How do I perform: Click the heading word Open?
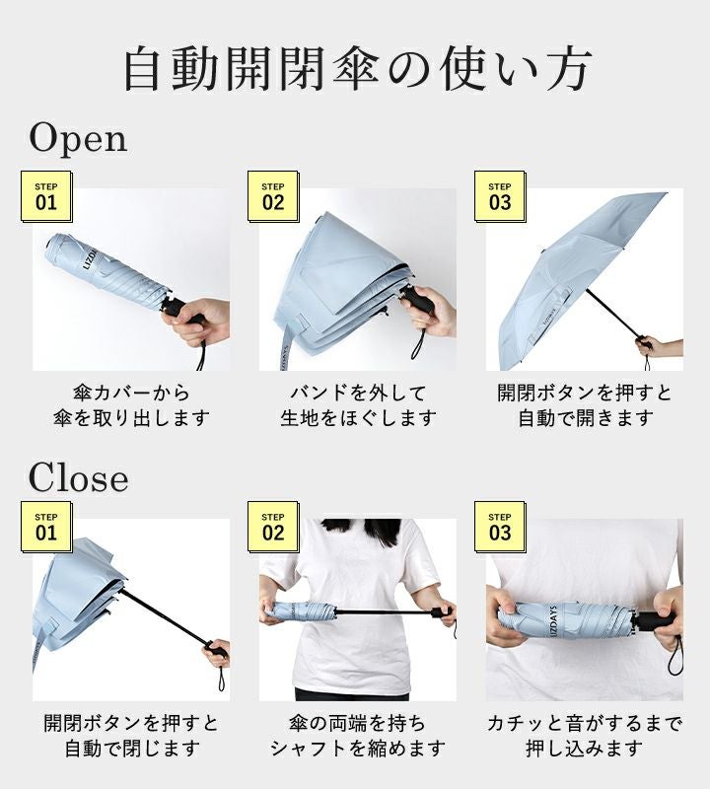click(x=78, y=138)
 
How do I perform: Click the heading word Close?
click(x=78, y=477)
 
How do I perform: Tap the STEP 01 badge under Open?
click(x=46, y=196)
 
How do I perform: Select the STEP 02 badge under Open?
click(x=273, y=196)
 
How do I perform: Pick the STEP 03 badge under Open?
click(x=500, y=196)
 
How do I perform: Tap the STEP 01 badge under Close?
click(x=46, y=527)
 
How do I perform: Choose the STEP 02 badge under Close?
click(x=273, y=527)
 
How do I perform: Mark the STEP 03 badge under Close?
click(x=500, y=527)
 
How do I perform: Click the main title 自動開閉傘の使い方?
click(x=357, y=69)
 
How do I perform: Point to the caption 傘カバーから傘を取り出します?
click(x=131, y=405)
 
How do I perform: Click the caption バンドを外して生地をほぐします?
click(x=358, y=405)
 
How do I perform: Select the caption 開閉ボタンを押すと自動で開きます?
click(x=585, y=405)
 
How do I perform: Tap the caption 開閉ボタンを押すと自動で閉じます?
click(x=131, y=736)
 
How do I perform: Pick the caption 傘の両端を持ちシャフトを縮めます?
click(x=358, y=736)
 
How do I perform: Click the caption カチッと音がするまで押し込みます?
click(x=585, y=736)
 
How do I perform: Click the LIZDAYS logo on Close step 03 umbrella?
click(x=552, y=623)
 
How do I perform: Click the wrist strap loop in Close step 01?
click(x=222, y=678)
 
